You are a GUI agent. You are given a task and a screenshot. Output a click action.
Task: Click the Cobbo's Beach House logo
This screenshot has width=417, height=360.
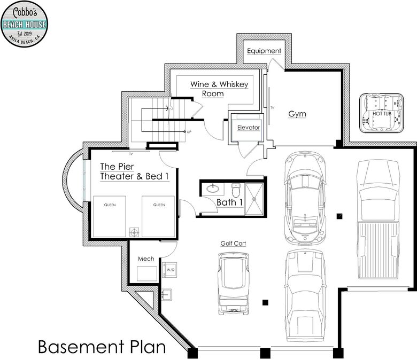coord(24,24)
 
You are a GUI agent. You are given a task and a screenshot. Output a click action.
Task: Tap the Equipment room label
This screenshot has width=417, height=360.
coord(264,51)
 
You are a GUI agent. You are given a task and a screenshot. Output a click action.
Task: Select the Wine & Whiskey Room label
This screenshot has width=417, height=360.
coord(219,89)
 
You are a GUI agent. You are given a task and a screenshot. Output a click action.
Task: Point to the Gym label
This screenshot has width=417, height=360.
coord(297,114)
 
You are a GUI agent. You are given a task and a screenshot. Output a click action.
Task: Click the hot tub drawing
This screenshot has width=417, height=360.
coord(382,113)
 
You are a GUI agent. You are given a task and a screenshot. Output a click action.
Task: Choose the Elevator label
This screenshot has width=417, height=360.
coord(249,128)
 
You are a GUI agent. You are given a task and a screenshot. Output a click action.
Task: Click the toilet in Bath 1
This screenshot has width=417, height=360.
coord(236,190)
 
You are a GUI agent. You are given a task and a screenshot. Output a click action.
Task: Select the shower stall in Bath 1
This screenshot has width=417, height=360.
coord(254,199)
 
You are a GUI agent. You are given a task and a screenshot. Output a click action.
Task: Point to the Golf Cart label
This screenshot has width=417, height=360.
coord(233,244)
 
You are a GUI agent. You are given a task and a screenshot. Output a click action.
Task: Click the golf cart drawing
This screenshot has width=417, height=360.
coord(234,284)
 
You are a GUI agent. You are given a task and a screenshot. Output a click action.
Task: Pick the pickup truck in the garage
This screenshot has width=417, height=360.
coord(378,220)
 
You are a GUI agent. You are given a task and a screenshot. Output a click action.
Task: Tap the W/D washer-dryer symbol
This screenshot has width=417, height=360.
coord(169,270)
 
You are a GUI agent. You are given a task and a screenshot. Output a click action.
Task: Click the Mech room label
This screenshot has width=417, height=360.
coord(146,259)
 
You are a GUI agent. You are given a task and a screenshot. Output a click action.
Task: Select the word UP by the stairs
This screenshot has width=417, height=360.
coord(189,132)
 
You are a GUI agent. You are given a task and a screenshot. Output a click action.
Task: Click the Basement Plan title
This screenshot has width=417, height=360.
coord(102,347)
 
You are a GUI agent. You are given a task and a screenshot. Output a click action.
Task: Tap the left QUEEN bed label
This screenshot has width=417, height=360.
coord(110,205)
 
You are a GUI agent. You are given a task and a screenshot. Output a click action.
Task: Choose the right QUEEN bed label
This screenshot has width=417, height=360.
coord(159,205)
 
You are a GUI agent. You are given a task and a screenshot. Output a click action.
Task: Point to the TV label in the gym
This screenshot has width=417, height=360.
coord(272,108)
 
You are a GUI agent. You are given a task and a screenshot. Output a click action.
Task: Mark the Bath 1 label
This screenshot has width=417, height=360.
coord(230,202)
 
